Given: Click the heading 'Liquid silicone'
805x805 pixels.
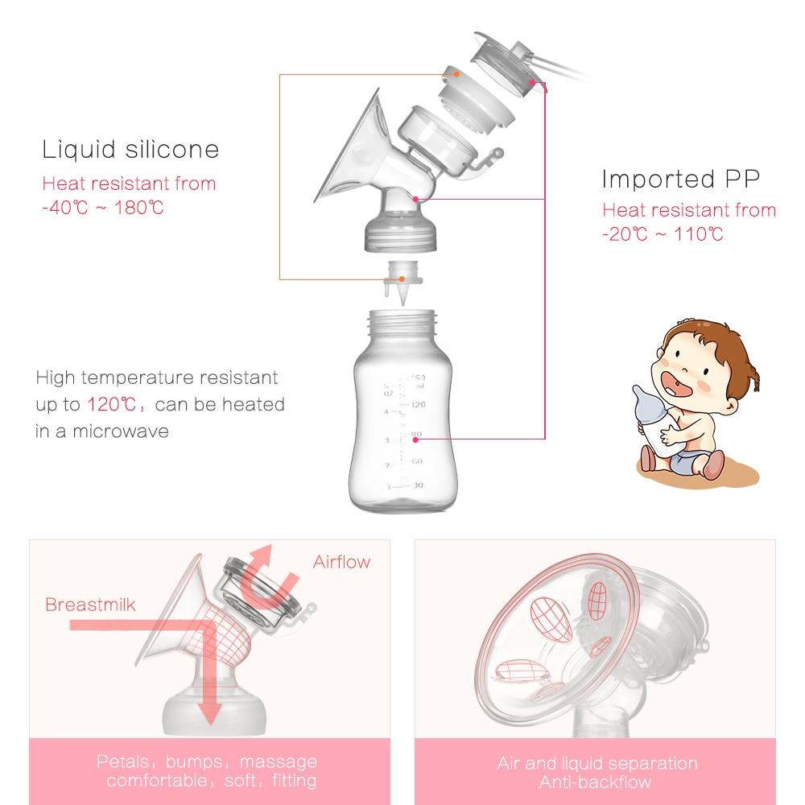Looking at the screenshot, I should (x=130, y=150).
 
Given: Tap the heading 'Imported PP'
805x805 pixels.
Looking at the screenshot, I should (x=680, y=178).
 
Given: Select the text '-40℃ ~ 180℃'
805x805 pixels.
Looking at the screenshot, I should (x=103, y=208).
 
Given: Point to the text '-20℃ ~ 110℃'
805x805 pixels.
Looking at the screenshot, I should (x=663, y=234).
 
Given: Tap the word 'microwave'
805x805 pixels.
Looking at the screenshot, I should (x=121, y=431).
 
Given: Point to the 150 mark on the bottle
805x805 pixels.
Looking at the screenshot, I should (x=418, y=377).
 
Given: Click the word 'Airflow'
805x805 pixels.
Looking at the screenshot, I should (x=342, y=562).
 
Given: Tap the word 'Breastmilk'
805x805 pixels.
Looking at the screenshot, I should (x=91, y=604).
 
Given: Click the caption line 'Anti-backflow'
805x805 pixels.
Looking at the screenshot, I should (x=597, y=781).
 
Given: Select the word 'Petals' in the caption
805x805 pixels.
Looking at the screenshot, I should (x=123, y=762).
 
